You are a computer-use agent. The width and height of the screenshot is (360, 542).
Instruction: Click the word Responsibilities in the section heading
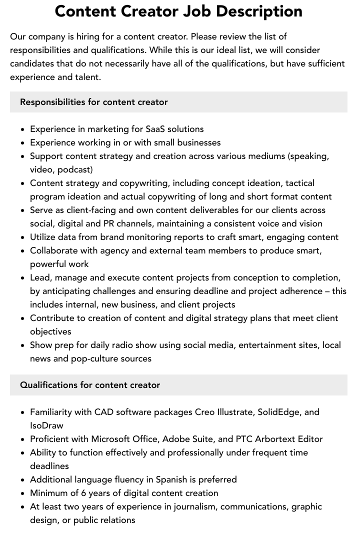click(52, 102)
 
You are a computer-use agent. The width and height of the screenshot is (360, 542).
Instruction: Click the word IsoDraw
click(46, 425)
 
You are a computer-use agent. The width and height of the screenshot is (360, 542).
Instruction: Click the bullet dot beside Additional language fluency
click(22, 480)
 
